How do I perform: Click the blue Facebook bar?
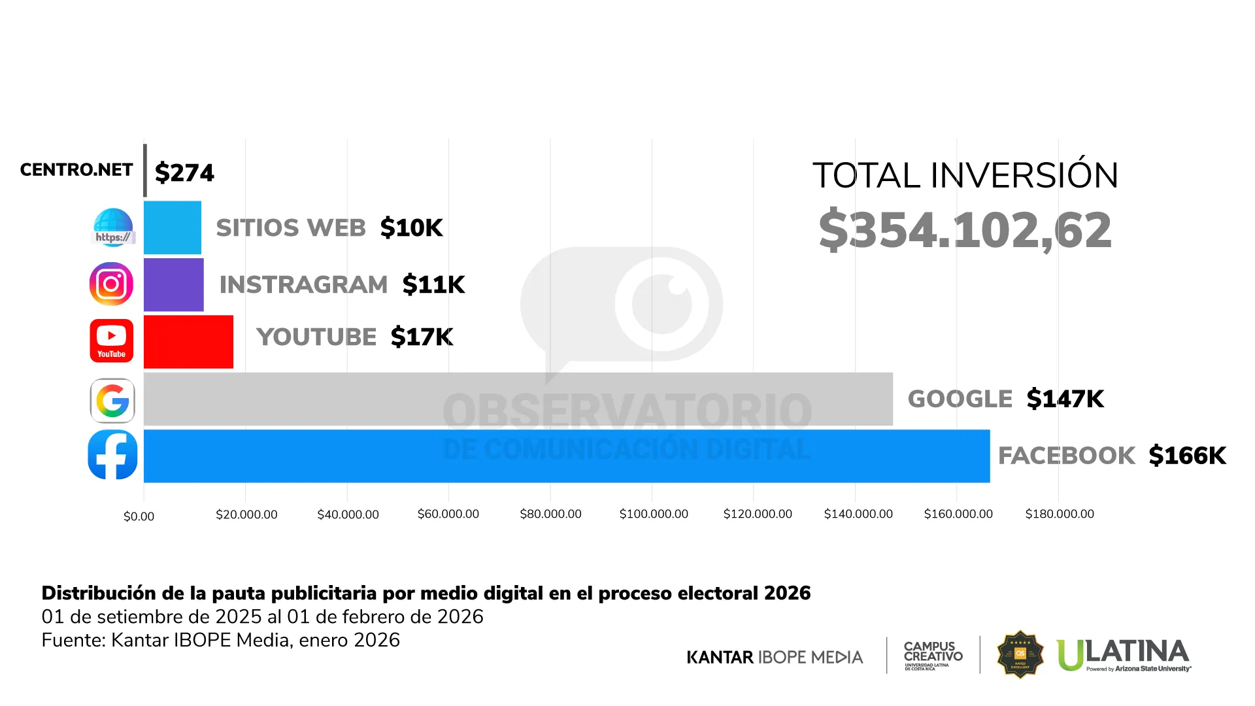pos(566,456)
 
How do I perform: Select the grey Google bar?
pos(518,399)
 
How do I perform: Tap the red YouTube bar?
pos(188,342)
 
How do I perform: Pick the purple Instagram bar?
pos(173,285)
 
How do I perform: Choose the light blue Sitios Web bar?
pos(172,227)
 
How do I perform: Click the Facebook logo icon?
pos(112,455)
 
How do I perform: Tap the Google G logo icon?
pos(112,401)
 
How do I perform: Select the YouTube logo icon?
pos(112,341)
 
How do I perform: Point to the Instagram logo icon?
pos(111,284)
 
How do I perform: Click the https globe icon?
pos(112,227)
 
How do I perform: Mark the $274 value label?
pos(184,173)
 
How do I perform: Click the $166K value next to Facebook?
pos(1187,456)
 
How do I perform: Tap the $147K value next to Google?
pos(1065,399)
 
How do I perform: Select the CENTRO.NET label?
pos(76,170)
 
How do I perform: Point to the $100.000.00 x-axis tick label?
pos(654,514)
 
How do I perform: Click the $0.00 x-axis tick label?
pos(139,516)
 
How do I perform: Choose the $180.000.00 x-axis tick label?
pos(1060,514)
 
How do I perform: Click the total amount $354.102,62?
pos(965,230)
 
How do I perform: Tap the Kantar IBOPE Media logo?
pos(775,657)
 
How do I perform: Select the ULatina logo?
pos(1123,655)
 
